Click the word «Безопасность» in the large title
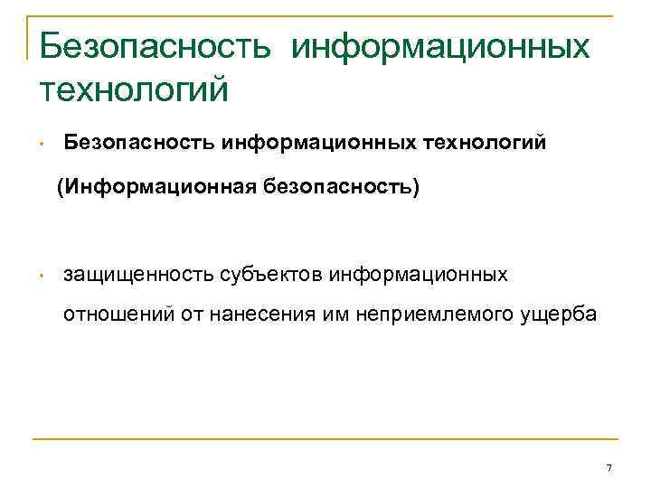[155, 45]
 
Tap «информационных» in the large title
[441, 45]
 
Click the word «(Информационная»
[154, 188]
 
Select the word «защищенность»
[137, 274]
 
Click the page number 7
[609, 466]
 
